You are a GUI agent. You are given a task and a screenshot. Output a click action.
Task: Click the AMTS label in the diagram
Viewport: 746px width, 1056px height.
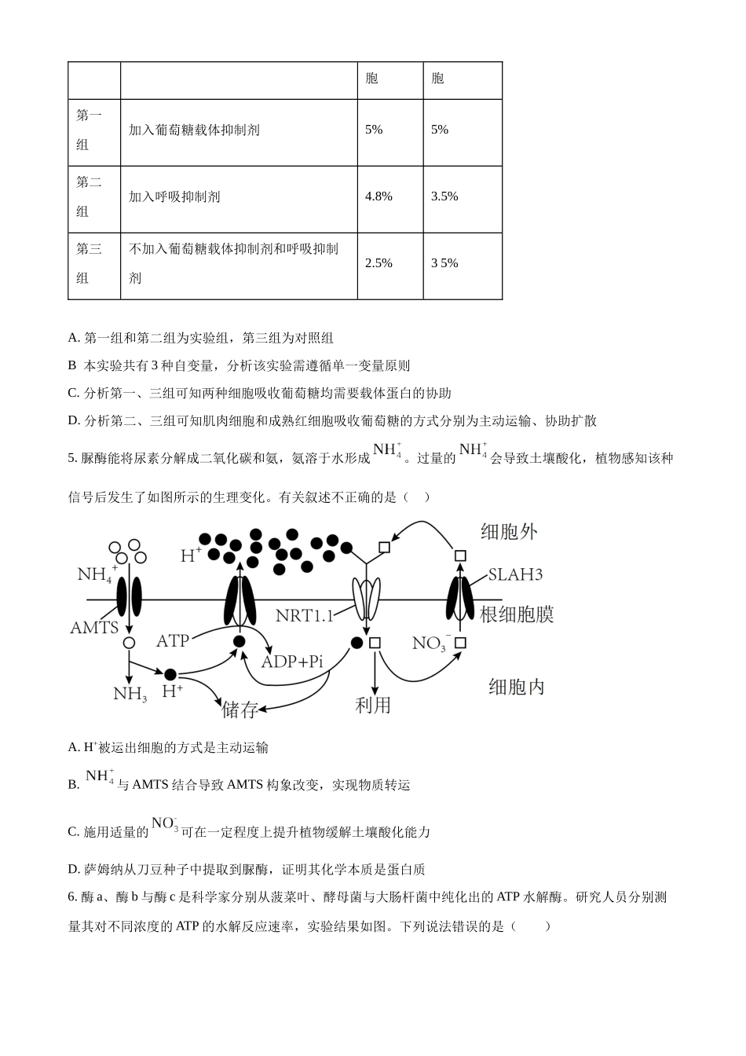[94, 628]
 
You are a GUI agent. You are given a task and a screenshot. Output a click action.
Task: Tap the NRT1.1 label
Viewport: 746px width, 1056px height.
[304, 615]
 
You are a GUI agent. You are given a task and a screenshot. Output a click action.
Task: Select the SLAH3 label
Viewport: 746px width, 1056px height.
[515, 574]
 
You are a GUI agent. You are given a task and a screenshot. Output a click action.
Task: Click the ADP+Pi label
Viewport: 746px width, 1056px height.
[292, 662]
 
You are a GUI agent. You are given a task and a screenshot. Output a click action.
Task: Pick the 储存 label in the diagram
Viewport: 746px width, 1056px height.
[240, 709]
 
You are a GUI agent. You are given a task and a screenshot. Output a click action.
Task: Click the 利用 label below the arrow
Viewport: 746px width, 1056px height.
[373, 705]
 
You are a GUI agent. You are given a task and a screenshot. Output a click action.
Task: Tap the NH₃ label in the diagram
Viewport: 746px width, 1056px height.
[130, 694]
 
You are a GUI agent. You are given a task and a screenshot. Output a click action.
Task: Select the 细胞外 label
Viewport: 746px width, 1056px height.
[510, 532]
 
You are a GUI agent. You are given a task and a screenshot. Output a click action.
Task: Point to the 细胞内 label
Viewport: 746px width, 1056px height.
[516, 687]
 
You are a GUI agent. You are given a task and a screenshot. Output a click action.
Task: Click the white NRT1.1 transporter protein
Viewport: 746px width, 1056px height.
[366, 598]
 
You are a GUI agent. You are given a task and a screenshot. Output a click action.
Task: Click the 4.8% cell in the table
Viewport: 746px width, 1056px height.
[378, 196]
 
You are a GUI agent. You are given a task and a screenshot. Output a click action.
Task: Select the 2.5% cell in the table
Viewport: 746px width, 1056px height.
[378, 263]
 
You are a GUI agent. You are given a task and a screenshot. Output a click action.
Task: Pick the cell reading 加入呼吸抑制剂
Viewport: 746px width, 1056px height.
[174, 196]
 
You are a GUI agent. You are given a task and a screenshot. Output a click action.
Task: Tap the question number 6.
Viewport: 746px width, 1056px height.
[72, 897]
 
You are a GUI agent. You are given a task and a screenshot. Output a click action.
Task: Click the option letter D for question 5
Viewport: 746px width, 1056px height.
[73, 869]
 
